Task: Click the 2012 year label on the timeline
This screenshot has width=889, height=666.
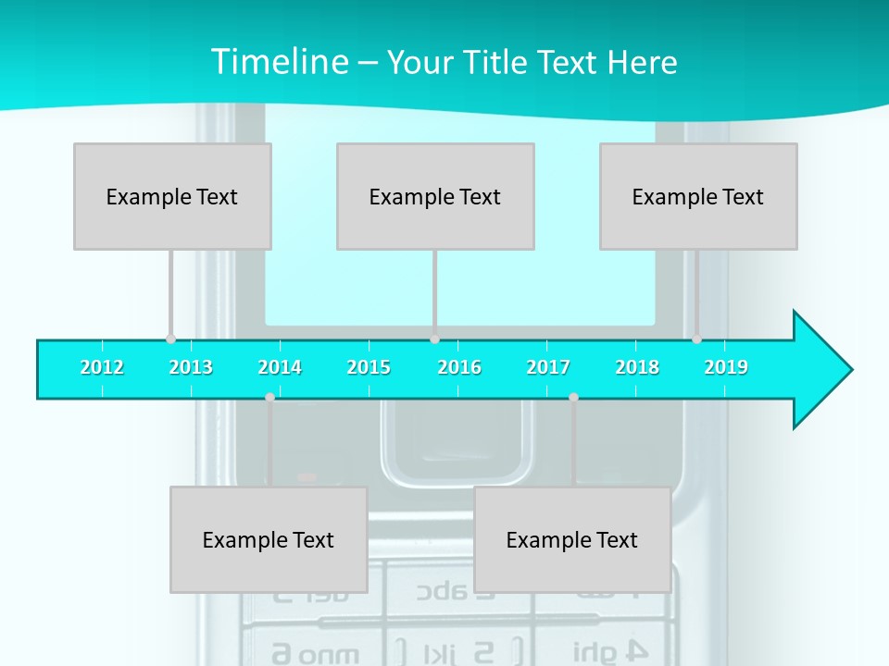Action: [102, 367]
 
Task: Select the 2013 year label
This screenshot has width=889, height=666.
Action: [191, 367]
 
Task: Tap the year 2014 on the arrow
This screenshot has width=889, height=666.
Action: [280, 367]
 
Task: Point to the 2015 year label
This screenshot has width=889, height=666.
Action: [369, 367]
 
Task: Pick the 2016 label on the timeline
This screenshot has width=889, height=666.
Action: [459, 367]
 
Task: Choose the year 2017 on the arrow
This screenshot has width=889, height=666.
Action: [548, 367]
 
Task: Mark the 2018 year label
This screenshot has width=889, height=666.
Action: [637, 367]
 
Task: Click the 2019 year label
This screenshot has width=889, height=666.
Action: [726, 367]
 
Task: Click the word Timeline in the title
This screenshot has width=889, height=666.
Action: [279, 62]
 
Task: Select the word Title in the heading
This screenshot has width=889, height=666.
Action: [493, 62]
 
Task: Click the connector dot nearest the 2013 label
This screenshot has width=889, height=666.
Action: [170, 339]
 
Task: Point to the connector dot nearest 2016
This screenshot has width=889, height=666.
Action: [434, 339]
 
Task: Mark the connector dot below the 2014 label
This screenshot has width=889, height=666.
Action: [269, 397]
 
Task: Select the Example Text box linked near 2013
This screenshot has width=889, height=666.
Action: [172, 196]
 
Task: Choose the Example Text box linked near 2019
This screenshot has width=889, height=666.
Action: [698, 196]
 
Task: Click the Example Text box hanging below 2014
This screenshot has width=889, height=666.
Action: [269, 539]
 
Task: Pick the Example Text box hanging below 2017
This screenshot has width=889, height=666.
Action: [572, 539]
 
